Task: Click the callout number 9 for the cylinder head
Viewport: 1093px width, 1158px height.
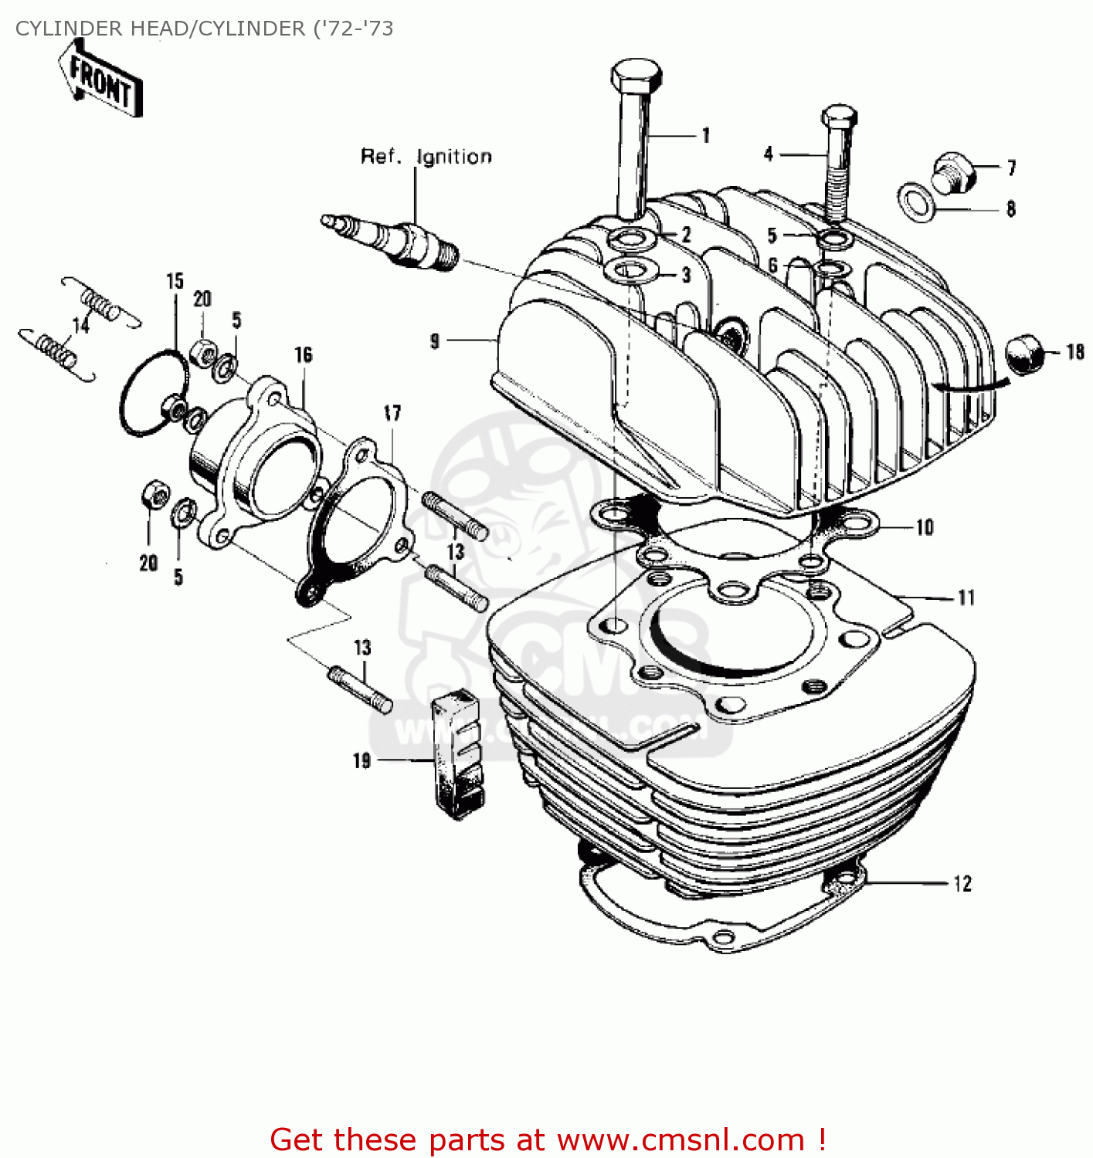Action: point(435,340)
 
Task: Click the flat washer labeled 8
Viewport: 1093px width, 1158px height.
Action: point(916,201)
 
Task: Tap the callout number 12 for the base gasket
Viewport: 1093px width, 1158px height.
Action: point(962,884)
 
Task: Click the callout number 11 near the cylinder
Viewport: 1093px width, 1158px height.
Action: point(966,598)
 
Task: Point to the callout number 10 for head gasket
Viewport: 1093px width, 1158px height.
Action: point(925,528)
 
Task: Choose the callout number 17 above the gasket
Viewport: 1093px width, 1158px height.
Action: point(392,413)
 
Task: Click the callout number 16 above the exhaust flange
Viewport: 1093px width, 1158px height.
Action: point(303,355)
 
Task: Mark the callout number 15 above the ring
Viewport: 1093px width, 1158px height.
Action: point(175,282)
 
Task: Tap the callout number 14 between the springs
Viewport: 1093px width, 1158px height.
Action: point(80,326)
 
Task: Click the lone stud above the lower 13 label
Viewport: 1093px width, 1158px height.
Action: point(361,689)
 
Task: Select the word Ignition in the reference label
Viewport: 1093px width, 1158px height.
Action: point(453,157)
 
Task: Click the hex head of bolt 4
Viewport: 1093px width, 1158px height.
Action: point(839,118)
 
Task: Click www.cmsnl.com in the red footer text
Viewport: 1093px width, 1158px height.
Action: point(681,1139)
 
